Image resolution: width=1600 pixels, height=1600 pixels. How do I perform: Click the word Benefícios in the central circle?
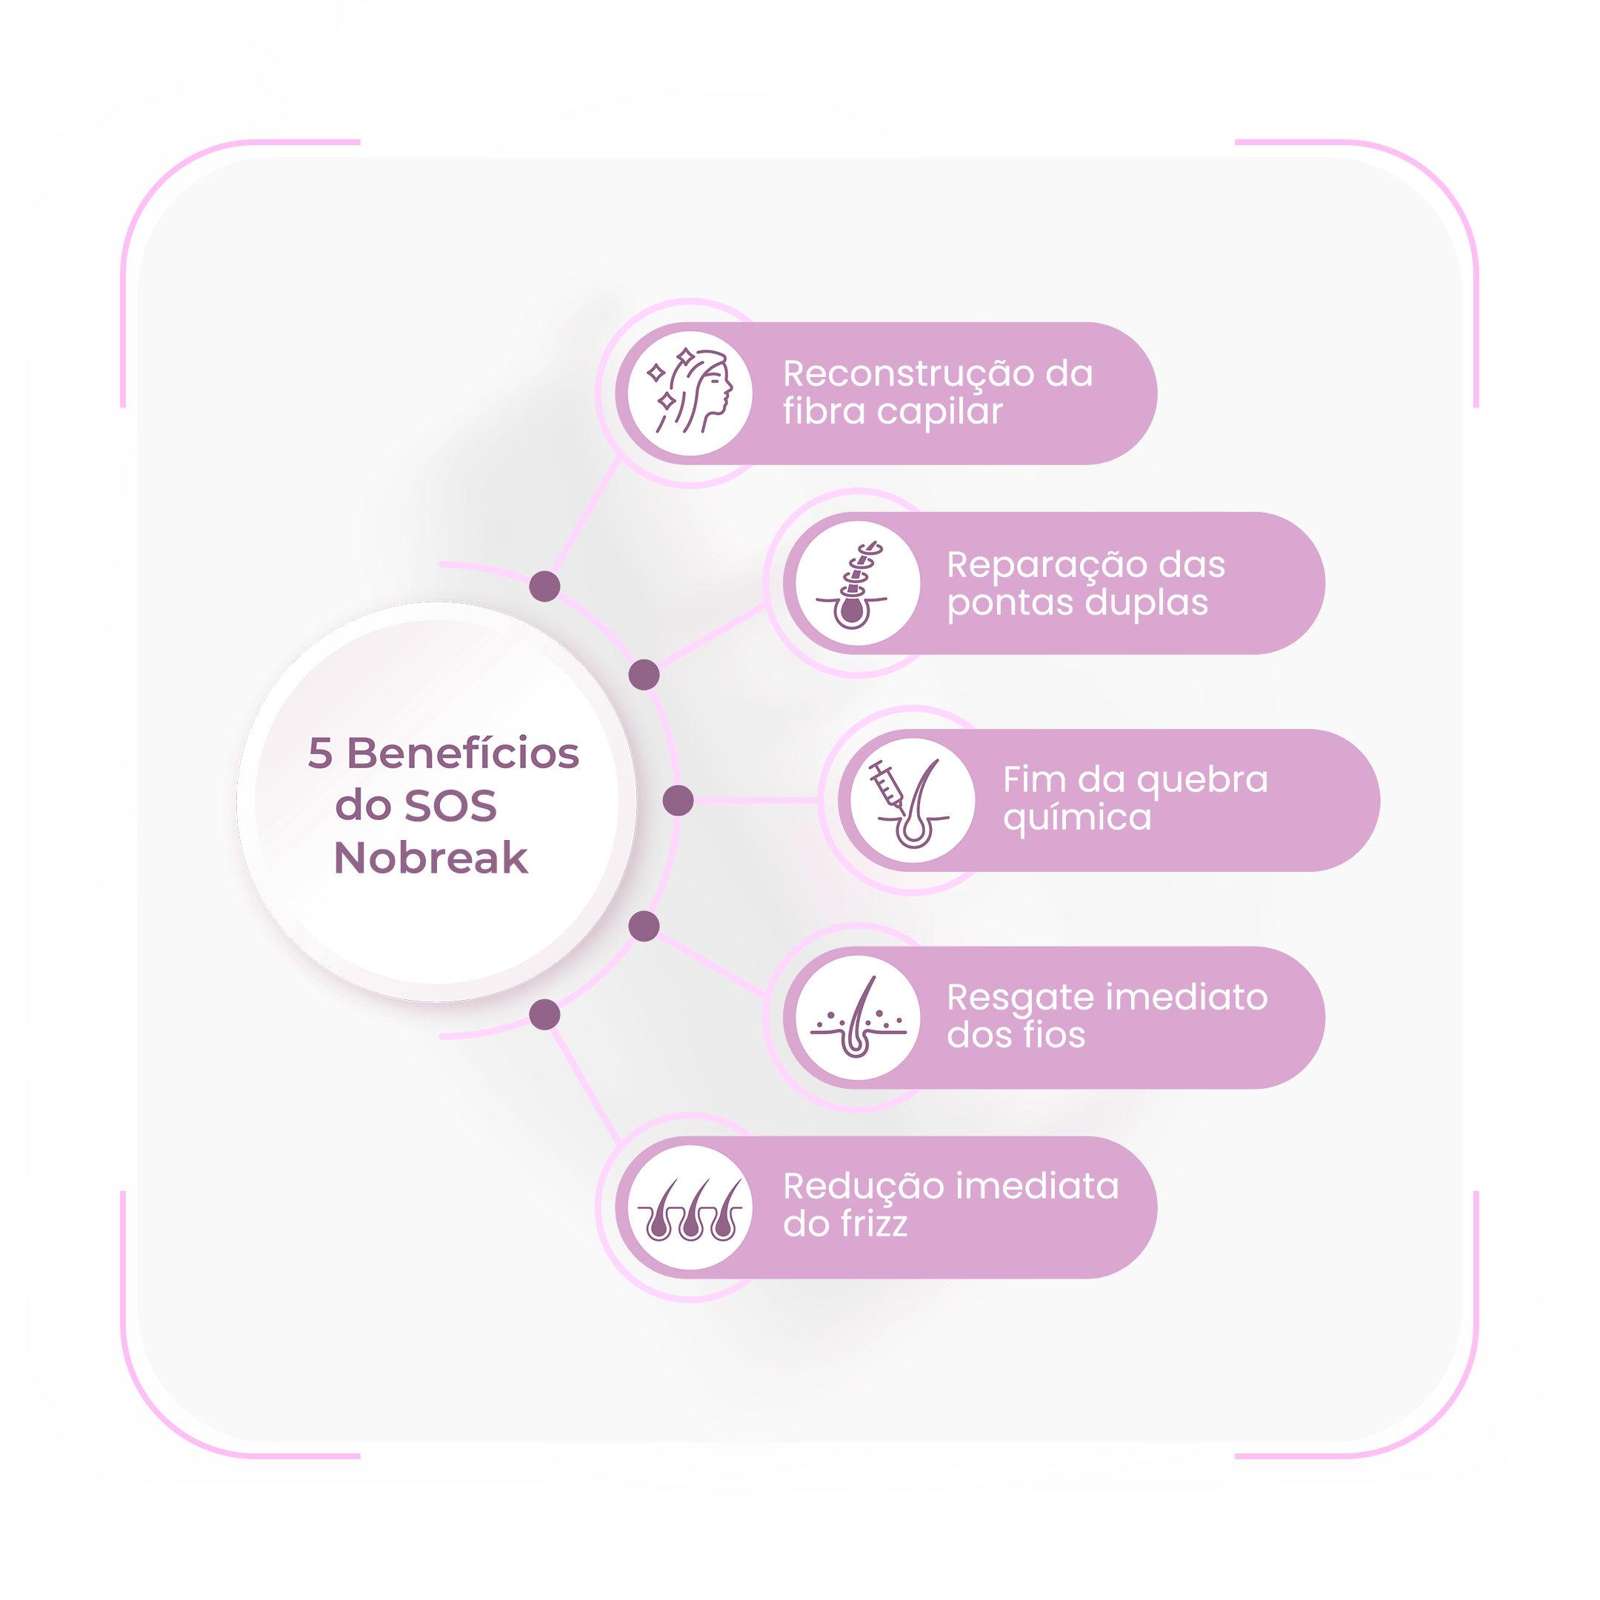463,753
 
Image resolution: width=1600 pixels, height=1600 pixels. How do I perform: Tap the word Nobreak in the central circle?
430,858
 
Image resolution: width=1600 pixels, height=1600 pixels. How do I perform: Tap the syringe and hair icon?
910,802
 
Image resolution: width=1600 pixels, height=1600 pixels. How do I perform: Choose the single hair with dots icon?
858,1018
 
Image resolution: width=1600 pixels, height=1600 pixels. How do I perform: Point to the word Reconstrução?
908,375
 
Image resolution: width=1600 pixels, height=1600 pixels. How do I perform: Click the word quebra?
1201,781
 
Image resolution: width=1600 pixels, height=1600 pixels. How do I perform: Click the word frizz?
869,1224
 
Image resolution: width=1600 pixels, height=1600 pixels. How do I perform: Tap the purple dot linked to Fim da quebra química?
679,801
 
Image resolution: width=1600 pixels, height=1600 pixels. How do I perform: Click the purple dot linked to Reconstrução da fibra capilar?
545,587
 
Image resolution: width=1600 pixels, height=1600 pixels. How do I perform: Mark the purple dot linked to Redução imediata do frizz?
545,1015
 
